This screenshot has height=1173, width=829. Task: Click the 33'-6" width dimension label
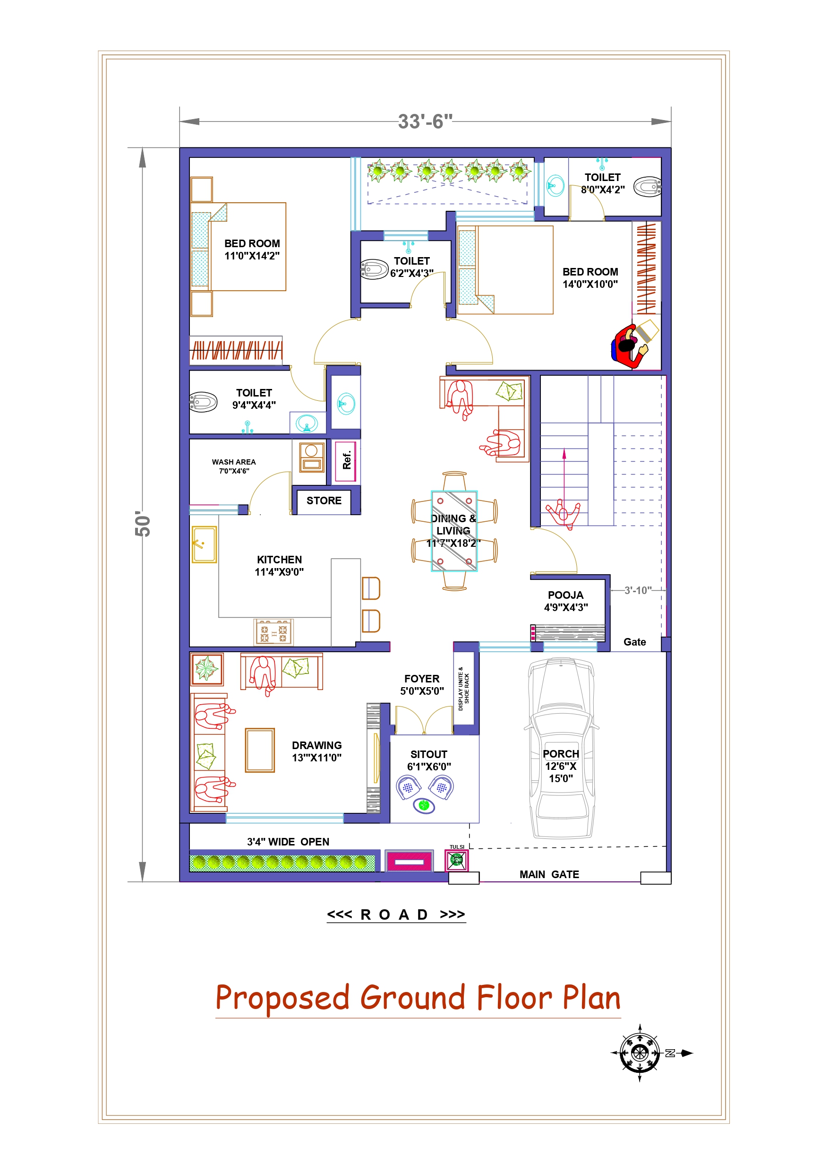click(x=425, y=121)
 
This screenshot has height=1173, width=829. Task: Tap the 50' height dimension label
click(x=143, y=523)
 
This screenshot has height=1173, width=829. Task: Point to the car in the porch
click(x=561, y=749)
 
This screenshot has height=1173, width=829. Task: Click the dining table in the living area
click(x=454, y=531)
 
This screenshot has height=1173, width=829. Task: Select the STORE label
click(x=324, y=500)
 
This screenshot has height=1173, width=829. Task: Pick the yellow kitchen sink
click(x=204, y=544)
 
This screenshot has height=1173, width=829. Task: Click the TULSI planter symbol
click(x=457, y=860)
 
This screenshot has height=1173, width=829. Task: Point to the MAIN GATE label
click(x=549, y=875)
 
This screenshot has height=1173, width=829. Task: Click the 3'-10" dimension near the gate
click(x=638, y=591)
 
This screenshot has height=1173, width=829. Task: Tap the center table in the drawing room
click(x=259, y=750)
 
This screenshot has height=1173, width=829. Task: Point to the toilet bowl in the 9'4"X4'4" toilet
click(x=203, y=403)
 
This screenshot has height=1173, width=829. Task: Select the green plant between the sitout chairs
click(x=423, y=806)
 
